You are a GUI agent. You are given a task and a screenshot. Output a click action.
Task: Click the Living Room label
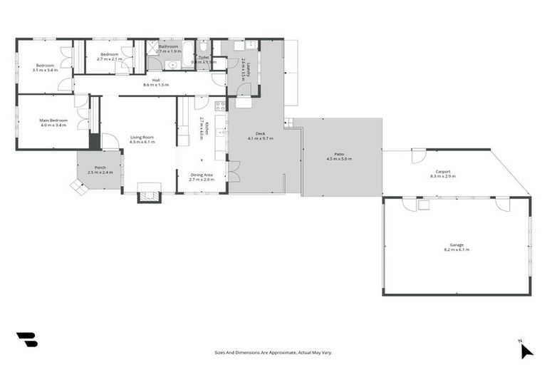(x=142, y=138)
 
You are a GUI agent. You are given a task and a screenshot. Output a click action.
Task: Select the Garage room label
(x=456, y=245)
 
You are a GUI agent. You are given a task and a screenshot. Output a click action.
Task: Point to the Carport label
(x=442, y=171)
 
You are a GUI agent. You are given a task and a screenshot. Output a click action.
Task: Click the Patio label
(x=339, y=154)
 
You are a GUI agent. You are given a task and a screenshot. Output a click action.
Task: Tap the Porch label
(x=100, y=168)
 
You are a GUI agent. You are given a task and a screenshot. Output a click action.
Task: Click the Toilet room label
(x=203, y=57)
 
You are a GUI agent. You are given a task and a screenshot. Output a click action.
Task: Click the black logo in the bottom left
(x=26, y=339)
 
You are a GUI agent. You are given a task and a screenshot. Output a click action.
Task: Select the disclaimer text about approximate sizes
(x=273, y=352)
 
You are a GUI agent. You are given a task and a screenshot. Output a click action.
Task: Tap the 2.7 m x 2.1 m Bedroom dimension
(x=109, y=59)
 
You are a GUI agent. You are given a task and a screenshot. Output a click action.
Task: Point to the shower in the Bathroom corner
(x=152, y=47)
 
